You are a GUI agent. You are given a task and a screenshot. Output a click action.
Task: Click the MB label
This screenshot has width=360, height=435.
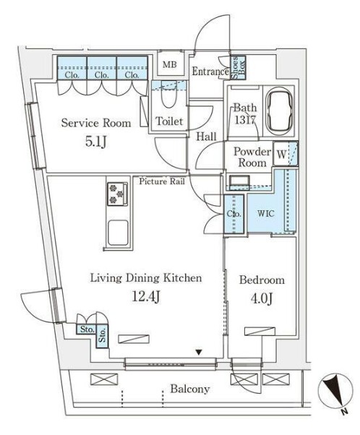point(169,65)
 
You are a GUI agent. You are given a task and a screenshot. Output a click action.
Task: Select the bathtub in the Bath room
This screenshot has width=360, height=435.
point(279,111)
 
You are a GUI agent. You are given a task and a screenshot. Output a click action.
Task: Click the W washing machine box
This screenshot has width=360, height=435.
point(281,154)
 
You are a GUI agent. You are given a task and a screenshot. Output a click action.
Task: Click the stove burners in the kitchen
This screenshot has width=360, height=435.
point(117,194)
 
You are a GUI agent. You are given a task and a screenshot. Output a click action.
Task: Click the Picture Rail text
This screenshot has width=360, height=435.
point(162,181)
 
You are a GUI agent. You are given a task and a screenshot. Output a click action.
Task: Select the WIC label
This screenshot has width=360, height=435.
point(265,213)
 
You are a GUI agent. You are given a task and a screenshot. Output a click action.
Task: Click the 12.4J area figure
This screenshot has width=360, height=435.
point(146,297)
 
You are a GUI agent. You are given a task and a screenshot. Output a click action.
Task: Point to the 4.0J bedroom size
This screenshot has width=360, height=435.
point(262,298)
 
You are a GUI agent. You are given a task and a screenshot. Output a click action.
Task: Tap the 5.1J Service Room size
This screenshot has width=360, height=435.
point(95,142)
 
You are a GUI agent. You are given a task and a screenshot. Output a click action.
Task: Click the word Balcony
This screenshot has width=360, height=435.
point(190,389)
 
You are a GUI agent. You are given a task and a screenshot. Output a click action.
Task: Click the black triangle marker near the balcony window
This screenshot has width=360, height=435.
point(199,353)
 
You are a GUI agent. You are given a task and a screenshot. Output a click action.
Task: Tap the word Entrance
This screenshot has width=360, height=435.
point(210,72)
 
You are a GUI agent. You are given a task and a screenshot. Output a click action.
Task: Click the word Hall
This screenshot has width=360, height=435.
point(207,137)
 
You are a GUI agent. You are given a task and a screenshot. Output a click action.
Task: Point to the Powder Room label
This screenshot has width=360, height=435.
point(252,157)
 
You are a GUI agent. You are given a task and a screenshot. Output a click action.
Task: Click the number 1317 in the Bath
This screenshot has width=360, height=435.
point(245,120)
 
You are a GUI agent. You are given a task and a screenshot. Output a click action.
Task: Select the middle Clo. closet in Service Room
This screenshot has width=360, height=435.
point(102,68)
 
